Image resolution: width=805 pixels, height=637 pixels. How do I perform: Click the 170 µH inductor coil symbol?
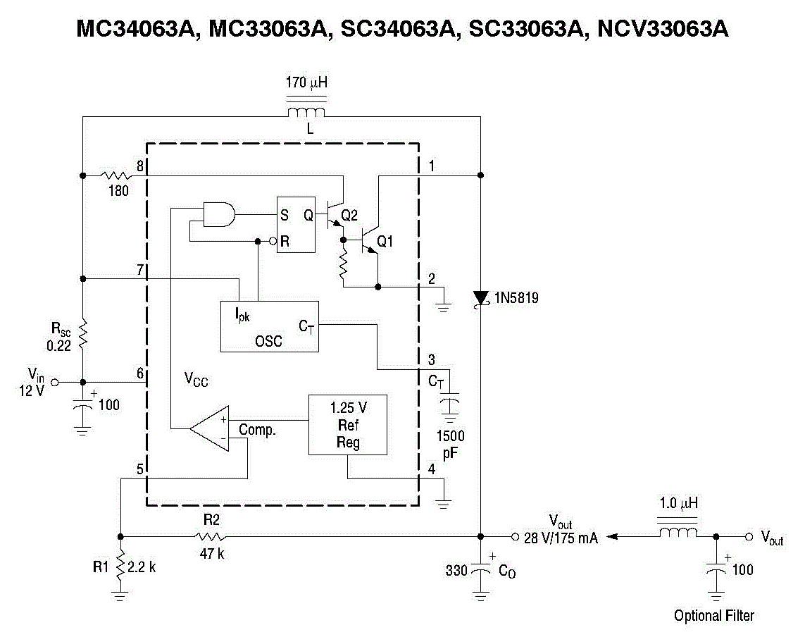(306, 113)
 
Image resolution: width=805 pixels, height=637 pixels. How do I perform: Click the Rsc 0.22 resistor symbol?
(83, 334)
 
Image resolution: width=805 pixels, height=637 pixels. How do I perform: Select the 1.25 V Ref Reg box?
(348, 425)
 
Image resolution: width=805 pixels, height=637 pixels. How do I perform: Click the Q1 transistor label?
(385, 242)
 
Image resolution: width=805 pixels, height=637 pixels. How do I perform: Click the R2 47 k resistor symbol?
(213, 536)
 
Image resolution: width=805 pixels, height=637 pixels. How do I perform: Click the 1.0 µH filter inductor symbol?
(678, 533)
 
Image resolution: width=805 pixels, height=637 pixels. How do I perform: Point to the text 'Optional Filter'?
(713, 616)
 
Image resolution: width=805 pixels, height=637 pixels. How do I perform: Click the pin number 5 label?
(139, 469)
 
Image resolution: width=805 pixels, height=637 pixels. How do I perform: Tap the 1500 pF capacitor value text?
(451, 445)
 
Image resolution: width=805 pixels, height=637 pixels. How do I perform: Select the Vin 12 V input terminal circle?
(56, 381)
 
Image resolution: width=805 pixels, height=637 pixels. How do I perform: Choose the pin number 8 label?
(140, 166)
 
